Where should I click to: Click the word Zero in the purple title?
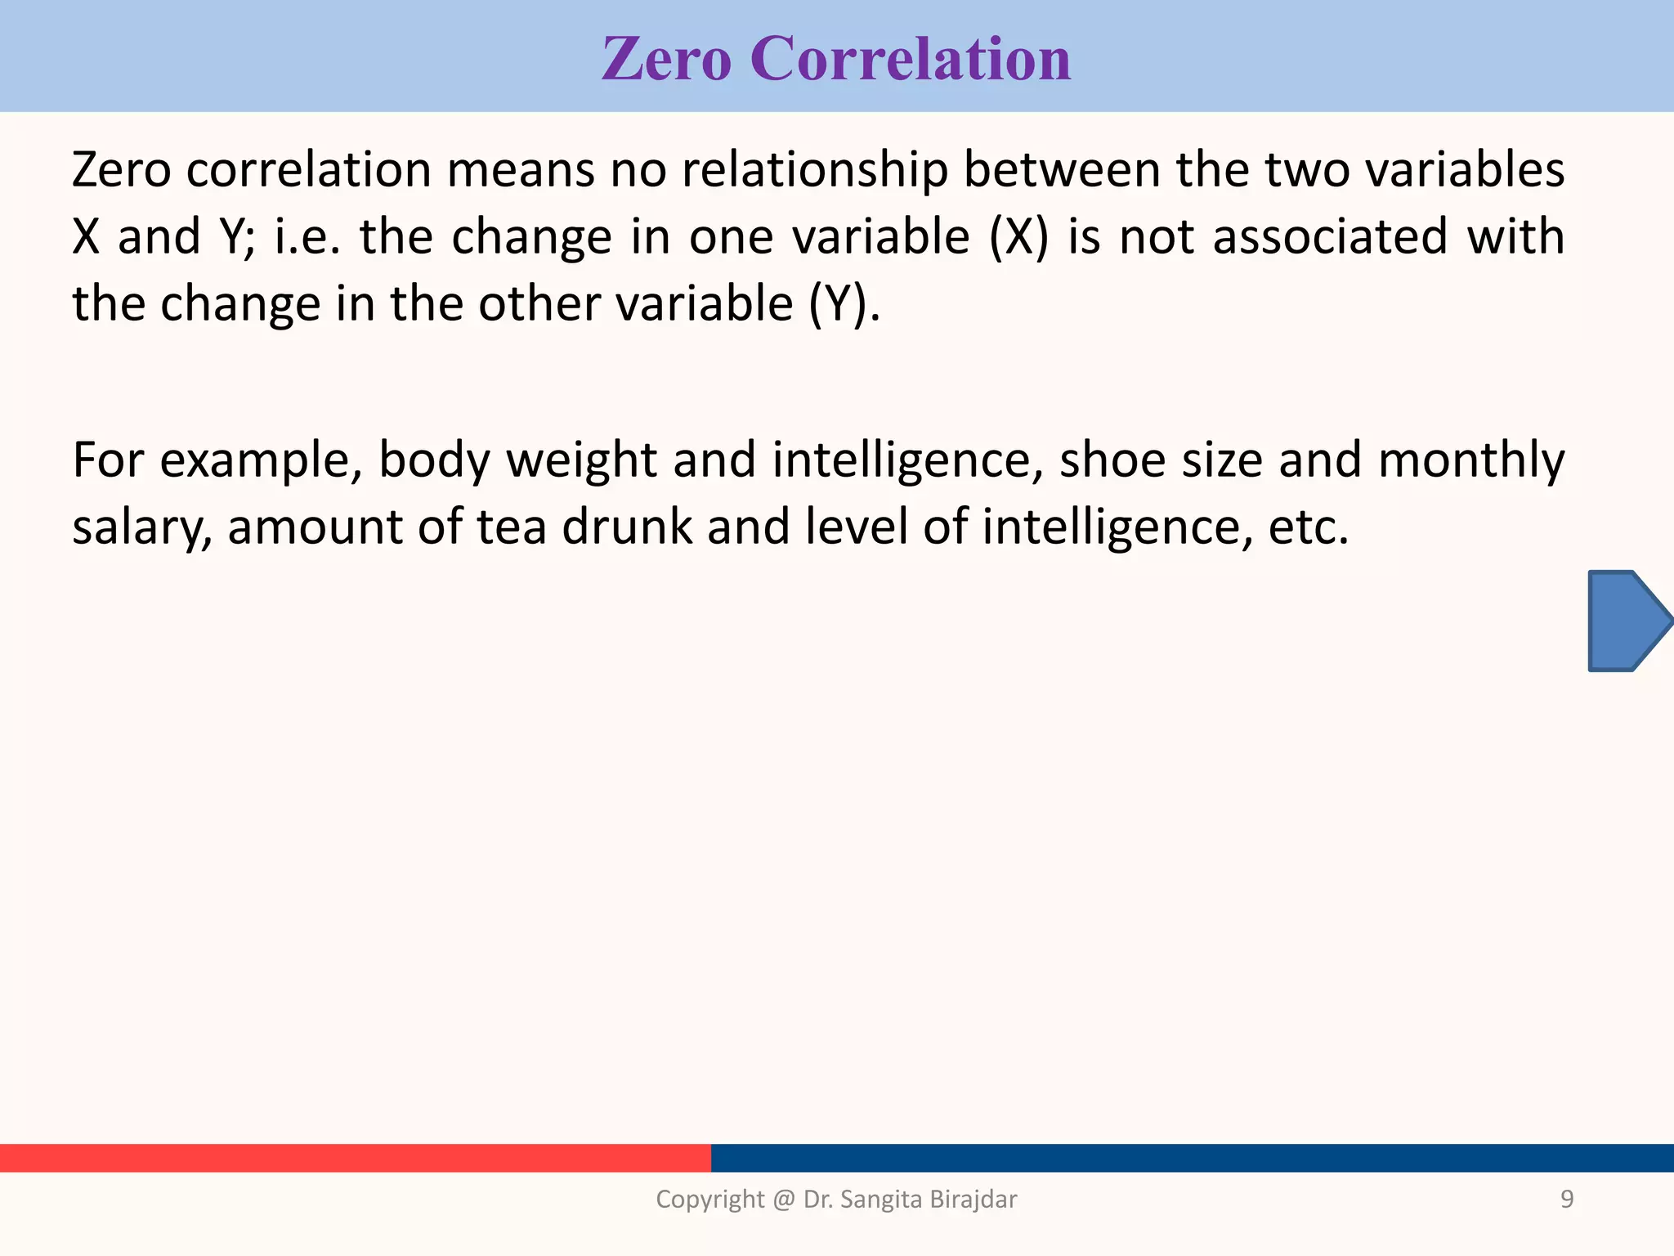click(666, 59)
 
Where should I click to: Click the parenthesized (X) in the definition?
click(1018, 237)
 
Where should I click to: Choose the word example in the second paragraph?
click(261, 460)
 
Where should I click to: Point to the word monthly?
click(1470, 460)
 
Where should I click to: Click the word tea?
click(512, 527)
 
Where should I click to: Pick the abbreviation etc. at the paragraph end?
click(1308, 527)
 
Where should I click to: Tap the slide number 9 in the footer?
click(1567, 1200)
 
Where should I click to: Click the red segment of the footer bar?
click(355, 1158)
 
